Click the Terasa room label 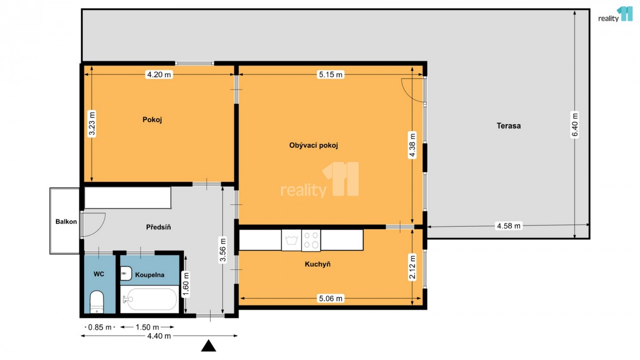point(509,126)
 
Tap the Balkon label point(66,222)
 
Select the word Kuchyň point(317,264)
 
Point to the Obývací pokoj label point(314,146)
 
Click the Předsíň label point(158,227)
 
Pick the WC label point(99,274)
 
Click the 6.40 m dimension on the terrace point(575,125)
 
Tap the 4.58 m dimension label point(509,226)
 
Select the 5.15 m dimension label point(331,75)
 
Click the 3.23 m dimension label point(92,123)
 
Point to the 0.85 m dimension point(100,327)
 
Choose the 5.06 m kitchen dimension point(331,299)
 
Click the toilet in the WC point(97,302)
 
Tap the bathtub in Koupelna point(149,299)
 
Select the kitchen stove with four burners point(311,241)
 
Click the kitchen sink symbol point(291,240)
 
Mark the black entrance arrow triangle point(209,346)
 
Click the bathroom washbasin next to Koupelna point(126,274)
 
